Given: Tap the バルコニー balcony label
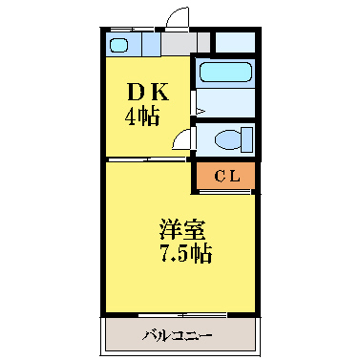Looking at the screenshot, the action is (179, 335).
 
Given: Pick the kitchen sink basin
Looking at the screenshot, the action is (119, 45).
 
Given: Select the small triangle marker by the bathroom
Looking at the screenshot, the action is (199, 111).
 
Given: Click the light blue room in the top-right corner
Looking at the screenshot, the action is (235, 42).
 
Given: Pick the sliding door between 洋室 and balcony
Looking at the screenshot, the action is (181, 314).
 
